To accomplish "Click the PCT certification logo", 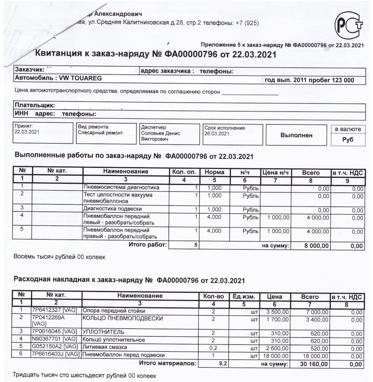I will (x=349, y=26).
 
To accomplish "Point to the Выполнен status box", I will (x=296, y=135).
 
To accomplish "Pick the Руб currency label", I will (x=348, y=140).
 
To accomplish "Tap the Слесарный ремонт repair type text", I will (x=100, y=133).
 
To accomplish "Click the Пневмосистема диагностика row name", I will (x=121, y=188).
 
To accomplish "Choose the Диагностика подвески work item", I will (x=109, y=209).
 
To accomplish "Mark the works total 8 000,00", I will (x=316, y=245).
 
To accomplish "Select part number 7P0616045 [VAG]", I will (x=54, y=332).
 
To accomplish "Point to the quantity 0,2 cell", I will (x=213, y=347).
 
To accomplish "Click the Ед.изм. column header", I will (x=244, y=297).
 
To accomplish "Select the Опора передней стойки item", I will (x=113, y=311).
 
